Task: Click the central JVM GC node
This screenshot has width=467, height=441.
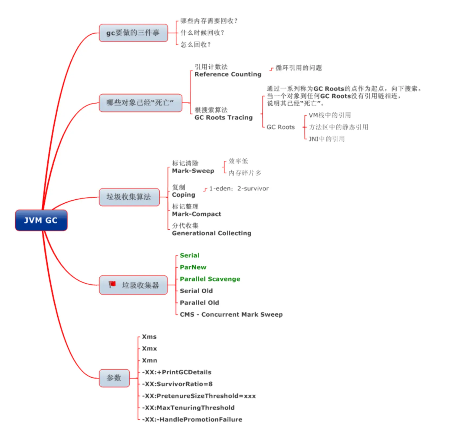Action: point(41,220)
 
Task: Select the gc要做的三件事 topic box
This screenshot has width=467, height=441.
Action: point(133,33)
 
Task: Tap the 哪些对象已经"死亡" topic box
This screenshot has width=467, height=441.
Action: point(140,103)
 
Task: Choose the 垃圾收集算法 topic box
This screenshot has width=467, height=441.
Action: point(129,197)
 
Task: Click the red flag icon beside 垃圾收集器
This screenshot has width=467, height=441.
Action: point(112,284)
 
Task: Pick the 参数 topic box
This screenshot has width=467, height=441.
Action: point(114,378)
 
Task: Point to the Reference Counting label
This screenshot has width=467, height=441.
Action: point(228,74)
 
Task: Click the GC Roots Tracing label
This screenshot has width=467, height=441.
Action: point(223,118)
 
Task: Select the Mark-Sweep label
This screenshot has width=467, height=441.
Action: point(193,171)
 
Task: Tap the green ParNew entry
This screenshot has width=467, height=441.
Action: point(193,267)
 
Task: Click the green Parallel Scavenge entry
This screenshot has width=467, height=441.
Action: point(210,279)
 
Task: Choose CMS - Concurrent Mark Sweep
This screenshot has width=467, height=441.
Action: point(231,314)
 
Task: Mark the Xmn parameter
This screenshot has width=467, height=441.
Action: point(149,360)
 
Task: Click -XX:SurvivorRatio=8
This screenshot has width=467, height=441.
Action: point(177,384)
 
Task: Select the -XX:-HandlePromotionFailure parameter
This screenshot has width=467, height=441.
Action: point(192,420)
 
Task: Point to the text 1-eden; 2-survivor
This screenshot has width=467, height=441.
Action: point(239,189)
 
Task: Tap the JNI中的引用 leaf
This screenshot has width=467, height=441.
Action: point(327,139)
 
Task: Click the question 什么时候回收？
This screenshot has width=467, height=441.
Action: point(202,33)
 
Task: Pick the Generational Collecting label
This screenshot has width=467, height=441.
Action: point(212,233)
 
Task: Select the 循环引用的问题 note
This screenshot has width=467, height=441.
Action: point(299,68)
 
